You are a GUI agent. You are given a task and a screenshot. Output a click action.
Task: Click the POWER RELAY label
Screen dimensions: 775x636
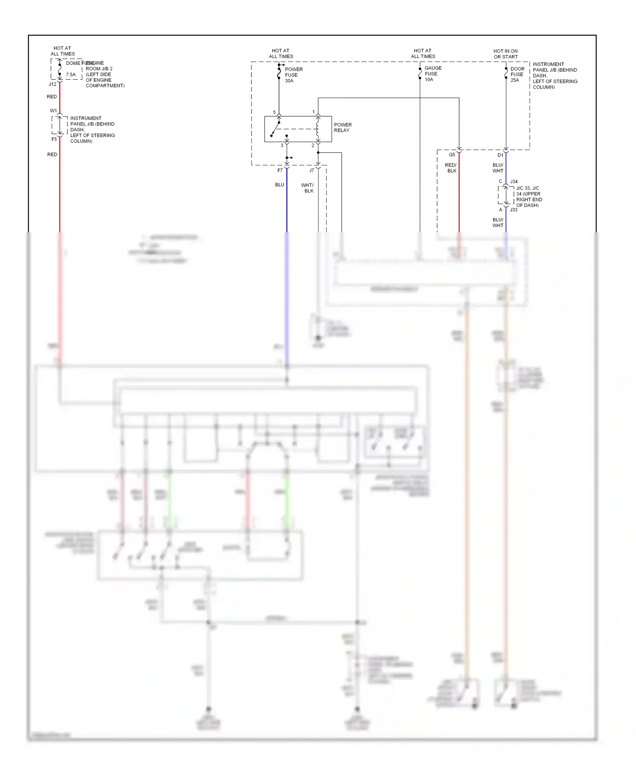pyautogui.click(x=343, y=128)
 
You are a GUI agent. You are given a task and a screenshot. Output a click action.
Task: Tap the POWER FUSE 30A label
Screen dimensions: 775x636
pyautogui.click(x=293, y=75)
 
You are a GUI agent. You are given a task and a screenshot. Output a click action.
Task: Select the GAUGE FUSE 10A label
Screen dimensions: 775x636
pyautogui.click(x=433, y=74)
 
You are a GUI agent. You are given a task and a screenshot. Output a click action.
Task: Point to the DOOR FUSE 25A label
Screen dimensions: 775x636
pyautogui.click(x=517, y=74)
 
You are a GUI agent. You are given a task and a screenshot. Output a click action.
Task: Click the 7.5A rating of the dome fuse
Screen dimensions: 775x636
pyautogui.click(x=71, y=75)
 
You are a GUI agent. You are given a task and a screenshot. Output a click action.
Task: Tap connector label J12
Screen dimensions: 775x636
pyautogui.click(x=53, y=84)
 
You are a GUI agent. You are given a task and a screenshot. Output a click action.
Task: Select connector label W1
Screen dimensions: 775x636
pyautogui.click(x=53, y=111)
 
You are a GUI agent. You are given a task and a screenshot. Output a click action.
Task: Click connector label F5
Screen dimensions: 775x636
pyautogui.click(x=54, y=139)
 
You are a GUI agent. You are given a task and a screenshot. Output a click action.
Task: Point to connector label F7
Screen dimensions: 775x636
pyautogui.click(x=280, y=170)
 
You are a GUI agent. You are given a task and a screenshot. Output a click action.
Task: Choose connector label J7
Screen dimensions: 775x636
pyautogui.click(x=312, y=170)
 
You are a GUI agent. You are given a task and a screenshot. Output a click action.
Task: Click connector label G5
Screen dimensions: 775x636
pyautogui.click(x=452, y=155)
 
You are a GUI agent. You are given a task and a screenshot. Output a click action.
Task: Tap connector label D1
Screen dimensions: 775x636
pyautogui.click(x=500, y=155)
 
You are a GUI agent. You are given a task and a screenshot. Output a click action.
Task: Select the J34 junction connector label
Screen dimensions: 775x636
pyautogui.click(x=514, y=181)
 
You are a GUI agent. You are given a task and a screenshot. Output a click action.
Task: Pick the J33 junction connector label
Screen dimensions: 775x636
pyautogui.click(x=513, y=210)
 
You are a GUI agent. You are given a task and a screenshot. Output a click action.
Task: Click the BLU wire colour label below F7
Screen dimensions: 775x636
pyautogui.click(x=279, y=185)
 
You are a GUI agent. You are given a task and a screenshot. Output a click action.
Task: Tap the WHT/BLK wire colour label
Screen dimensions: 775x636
pyautogui.click(x=308, y=188)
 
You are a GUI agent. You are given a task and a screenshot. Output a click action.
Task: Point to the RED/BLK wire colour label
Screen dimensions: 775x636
pyautogui.click(x=451, y=168)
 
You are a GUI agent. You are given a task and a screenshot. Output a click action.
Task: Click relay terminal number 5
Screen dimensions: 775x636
pyautogui.click(x=274, y=112)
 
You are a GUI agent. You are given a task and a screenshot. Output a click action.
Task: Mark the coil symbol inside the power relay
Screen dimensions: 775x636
pyautogui.click(x=318, y=128)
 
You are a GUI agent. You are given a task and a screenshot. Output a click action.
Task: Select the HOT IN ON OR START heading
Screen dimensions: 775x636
pyautogui.click(x=505, y=54)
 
